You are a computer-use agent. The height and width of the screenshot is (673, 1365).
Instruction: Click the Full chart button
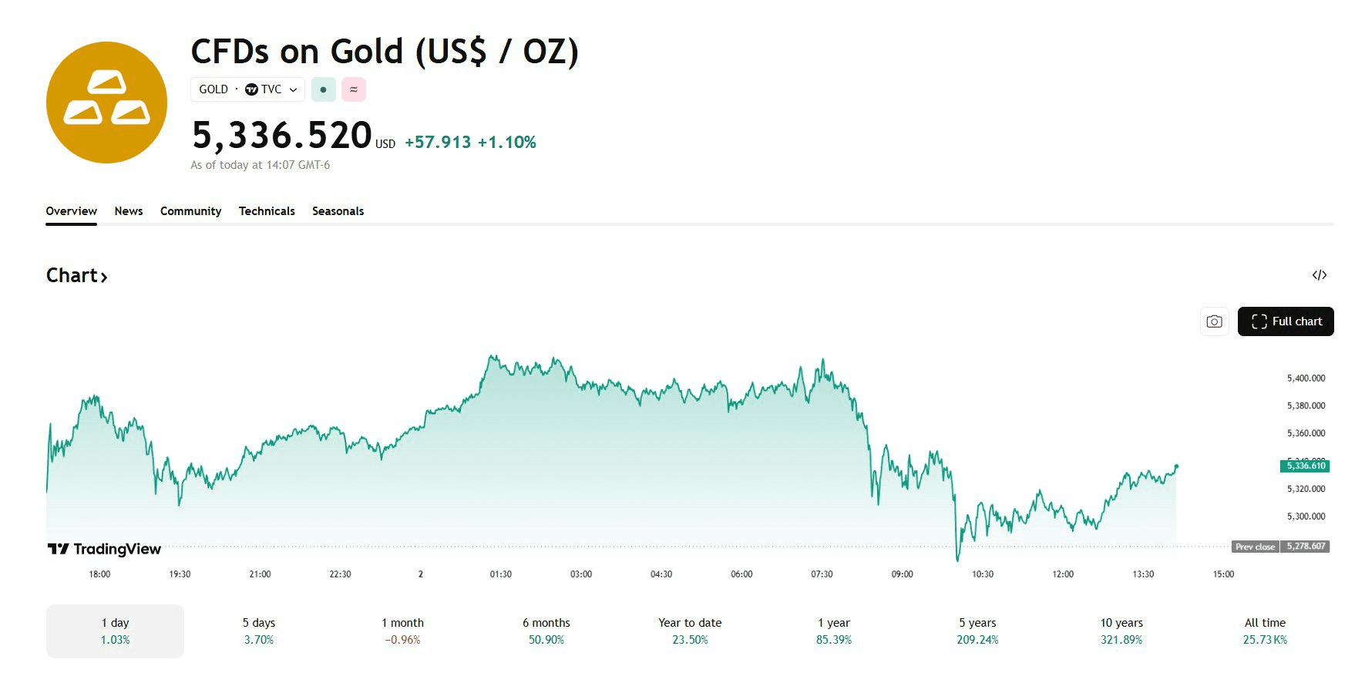tap(1285, 321)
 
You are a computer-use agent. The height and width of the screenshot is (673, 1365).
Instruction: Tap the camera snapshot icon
tap(1214, 321)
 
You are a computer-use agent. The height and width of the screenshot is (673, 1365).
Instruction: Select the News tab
tap(129, 211)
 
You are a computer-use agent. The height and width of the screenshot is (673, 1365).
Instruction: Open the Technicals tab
tap(267, 211)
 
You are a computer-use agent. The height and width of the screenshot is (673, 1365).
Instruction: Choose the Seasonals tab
tap(338, 211)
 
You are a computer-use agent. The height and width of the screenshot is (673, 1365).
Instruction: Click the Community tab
tap(190, 211)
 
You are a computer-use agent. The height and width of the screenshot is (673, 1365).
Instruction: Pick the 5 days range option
tap(259, 631)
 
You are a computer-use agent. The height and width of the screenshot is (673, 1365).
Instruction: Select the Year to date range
tap(690, 631)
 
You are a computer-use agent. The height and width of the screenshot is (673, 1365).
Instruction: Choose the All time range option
tap(1265, 631)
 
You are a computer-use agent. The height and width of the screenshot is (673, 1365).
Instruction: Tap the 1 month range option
tap(402, 631)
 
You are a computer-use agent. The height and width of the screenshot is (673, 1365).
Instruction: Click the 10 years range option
tap(1121, 631)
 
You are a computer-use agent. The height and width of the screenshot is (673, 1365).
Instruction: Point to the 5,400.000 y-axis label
tap(1306, 379)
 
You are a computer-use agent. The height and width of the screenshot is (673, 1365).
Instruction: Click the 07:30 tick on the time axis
tap(822, 574)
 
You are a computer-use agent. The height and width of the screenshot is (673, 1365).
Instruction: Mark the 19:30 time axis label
tap(180, 574)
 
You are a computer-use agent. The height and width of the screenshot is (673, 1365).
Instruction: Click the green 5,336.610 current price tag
tap(1305, 466)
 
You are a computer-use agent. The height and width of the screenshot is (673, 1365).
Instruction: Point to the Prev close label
tap(1255, 547)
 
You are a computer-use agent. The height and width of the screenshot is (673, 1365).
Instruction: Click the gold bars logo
tap(106, 103)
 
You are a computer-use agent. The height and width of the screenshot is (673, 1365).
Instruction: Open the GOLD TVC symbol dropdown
tap(247, 89)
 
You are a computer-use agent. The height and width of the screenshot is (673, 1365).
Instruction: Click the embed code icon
tap(1319, 275)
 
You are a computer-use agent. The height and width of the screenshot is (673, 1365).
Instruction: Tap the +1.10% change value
tap(506, 143)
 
